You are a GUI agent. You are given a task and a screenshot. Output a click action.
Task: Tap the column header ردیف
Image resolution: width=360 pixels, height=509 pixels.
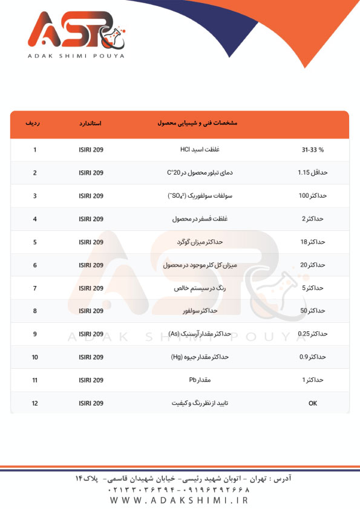[x=34, y=123]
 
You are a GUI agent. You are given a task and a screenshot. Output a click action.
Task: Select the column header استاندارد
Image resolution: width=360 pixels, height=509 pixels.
[x=90, y=123]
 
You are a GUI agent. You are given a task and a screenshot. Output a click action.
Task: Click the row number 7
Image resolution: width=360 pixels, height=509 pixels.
[x=35, y=288]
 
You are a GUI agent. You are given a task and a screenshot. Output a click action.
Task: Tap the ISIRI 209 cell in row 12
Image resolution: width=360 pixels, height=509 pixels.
[x=91, y=403]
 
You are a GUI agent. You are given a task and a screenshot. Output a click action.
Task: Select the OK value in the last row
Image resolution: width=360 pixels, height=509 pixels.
[x=312, y=403]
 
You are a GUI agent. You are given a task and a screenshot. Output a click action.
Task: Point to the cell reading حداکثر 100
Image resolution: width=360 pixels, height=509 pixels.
[x=312, y=196]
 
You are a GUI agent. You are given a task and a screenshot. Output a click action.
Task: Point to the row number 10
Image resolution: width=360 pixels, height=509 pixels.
[x=35, y=357]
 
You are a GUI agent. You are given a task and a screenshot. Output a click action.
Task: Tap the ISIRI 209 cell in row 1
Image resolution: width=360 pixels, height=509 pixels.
[x=91, y=149]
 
